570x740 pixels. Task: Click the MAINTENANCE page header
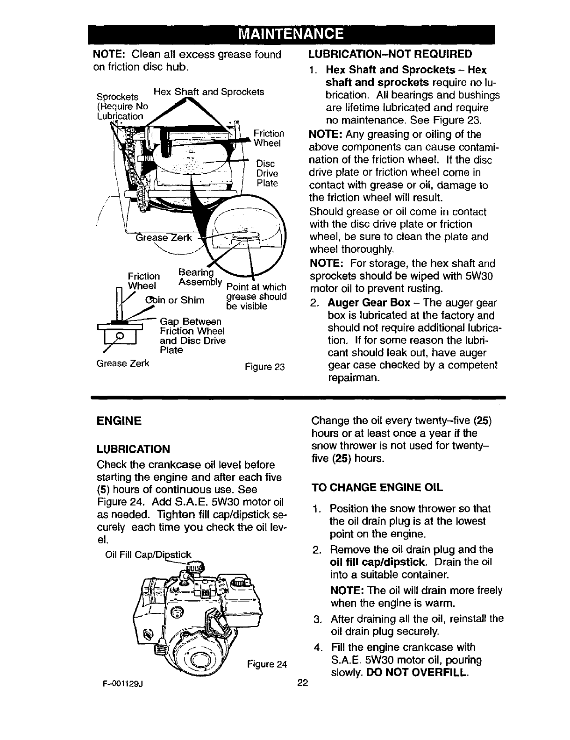[291, 34]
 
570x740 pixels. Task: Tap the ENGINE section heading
[118, 420]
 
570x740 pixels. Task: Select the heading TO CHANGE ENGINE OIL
[377, 487]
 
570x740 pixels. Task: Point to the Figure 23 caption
[265, 366]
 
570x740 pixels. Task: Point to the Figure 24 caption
[267, 664]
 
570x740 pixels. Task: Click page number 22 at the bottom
[303, 683]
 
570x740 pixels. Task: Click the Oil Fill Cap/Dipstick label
[149, 555]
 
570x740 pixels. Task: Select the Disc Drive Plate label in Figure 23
[267, 173]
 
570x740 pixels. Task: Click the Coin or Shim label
[175, 299]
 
